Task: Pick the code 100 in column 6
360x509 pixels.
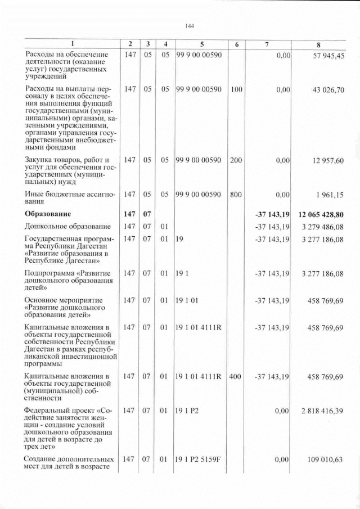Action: (x=236, y=91)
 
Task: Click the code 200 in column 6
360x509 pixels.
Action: (x=236, y=160)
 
